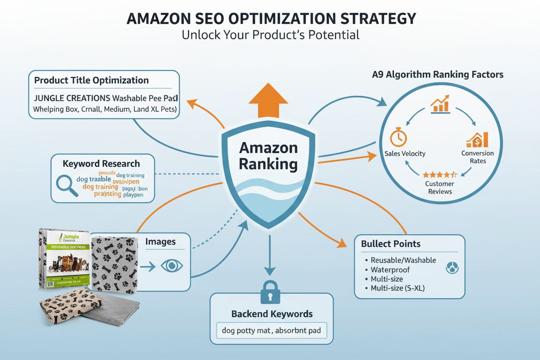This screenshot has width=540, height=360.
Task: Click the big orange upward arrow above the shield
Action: click(268, 101)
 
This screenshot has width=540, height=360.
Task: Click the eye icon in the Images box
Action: click(172, 266)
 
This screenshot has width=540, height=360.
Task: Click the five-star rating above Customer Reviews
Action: click(440, 175)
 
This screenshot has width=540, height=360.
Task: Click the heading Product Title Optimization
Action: click(91, 80)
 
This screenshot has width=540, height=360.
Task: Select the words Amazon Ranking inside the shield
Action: click(268, 156)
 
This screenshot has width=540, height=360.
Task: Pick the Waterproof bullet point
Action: click(390, 270)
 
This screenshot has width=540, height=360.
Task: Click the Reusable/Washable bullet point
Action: click(403, 260)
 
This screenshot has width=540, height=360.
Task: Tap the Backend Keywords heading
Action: click(272, 314)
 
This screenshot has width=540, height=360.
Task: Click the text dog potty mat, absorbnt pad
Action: click(271, 331)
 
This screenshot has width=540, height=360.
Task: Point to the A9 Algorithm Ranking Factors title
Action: click(437, 74)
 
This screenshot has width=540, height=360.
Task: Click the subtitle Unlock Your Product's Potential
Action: click(270, 35)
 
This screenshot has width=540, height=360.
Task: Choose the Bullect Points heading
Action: click(391, 244)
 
